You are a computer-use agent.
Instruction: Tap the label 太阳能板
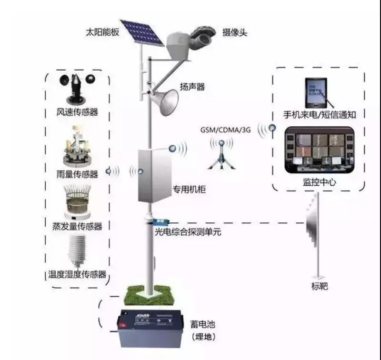[x=102, y=33]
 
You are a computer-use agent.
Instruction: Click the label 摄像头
[x=235, y=32]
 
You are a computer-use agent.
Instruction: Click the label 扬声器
[x=192, y=87]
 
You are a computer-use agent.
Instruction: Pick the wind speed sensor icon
[x=77, y=89]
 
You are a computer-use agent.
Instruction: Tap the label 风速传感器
[x=77, y=112]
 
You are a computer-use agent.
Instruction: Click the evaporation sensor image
[x=77, y=200]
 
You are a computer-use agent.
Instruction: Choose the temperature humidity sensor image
[x=77, y=250]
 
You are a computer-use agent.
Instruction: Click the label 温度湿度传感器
[x=77, y=275]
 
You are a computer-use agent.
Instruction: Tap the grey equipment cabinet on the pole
[x=154, y=175]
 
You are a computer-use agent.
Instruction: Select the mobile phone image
[x=316, y=90]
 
